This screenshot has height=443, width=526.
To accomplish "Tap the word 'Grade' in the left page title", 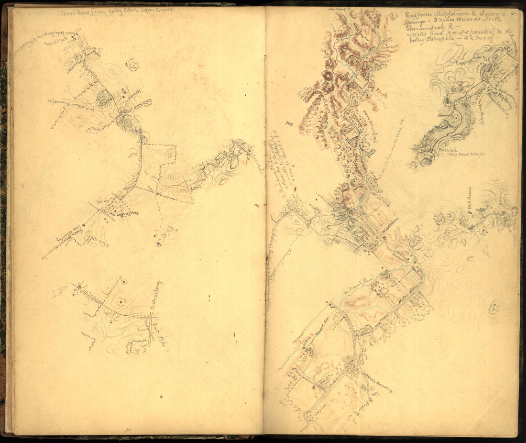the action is coord(164,10).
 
